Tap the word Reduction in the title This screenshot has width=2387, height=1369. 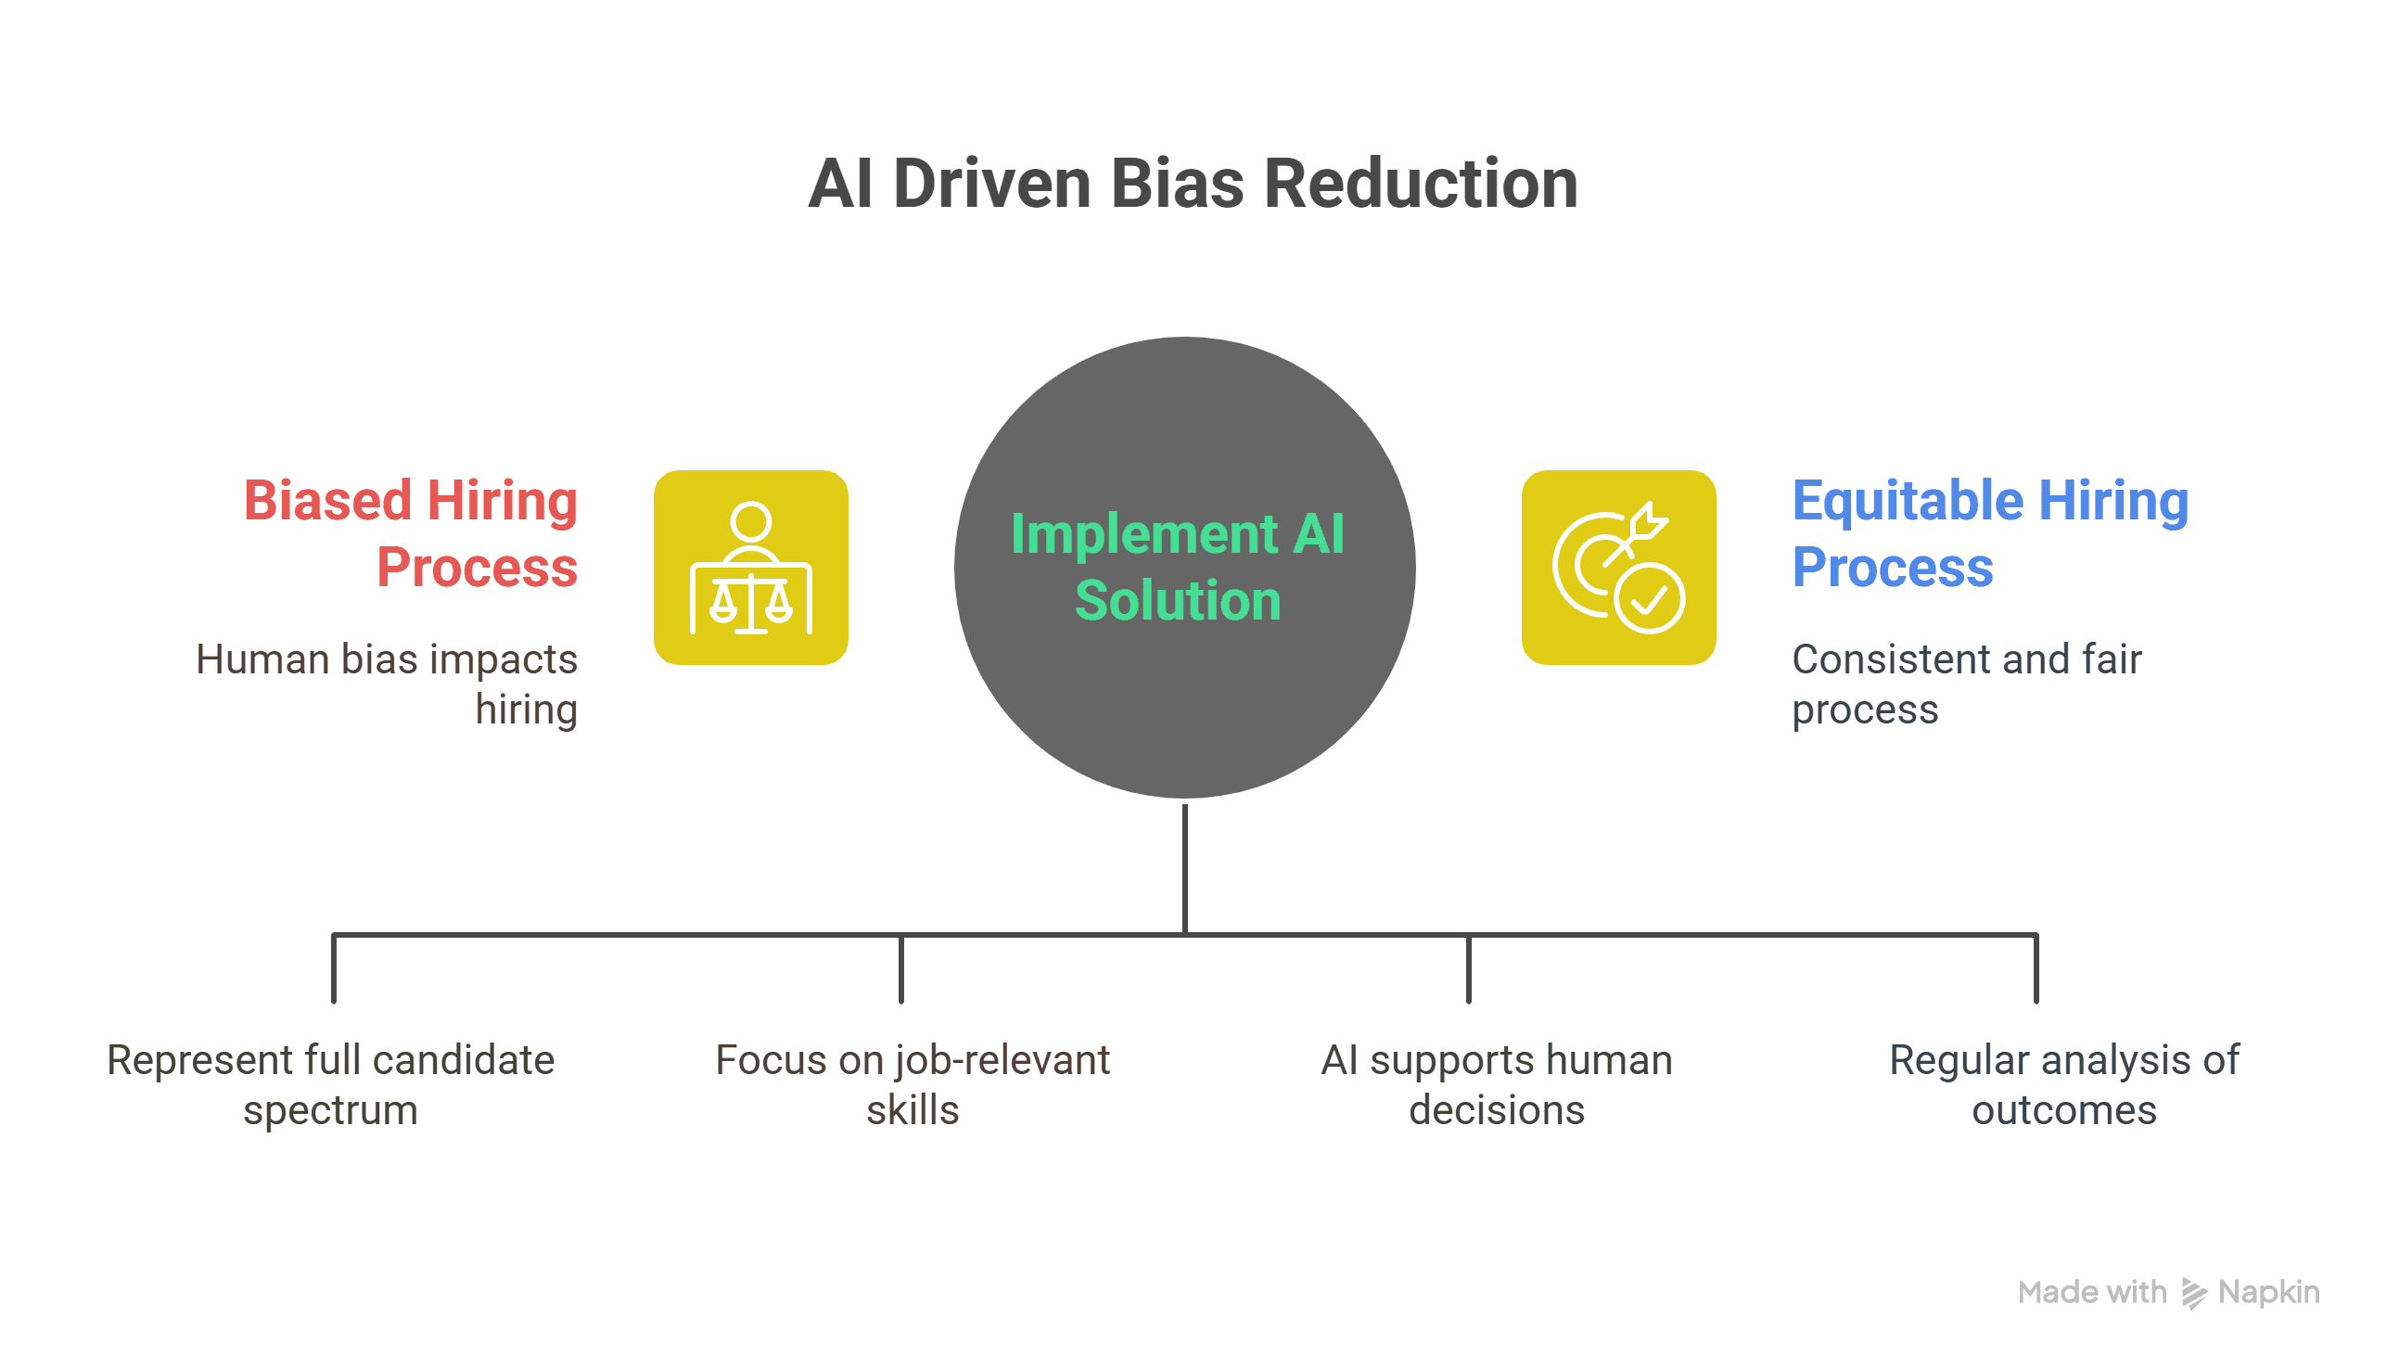coord(1420,184)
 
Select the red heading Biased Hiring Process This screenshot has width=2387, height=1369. coord(411,533)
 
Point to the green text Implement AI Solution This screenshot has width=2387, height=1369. coord(1177,567)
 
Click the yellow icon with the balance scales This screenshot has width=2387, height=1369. coord(750,568)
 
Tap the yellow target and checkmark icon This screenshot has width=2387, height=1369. coord(1618,568)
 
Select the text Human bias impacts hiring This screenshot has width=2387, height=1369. coord(387,684)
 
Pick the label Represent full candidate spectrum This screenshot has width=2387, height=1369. coord(330,1084)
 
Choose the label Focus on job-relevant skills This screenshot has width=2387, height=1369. coord(912,1084)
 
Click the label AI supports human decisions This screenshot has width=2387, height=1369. coord(1496,1084)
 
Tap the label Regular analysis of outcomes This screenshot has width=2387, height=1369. coord(2063,1084)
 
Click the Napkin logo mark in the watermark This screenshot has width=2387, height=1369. coord(2192,1294)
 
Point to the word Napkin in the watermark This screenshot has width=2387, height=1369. coord(2267,1293)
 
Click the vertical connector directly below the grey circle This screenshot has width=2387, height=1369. coord(1184,867)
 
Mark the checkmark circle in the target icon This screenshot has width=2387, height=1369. coord(1650,598)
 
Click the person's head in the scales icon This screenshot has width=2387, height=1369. coord(750,522)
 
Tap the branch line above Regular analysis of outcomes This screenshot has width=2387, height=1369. coord(2036,968)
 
